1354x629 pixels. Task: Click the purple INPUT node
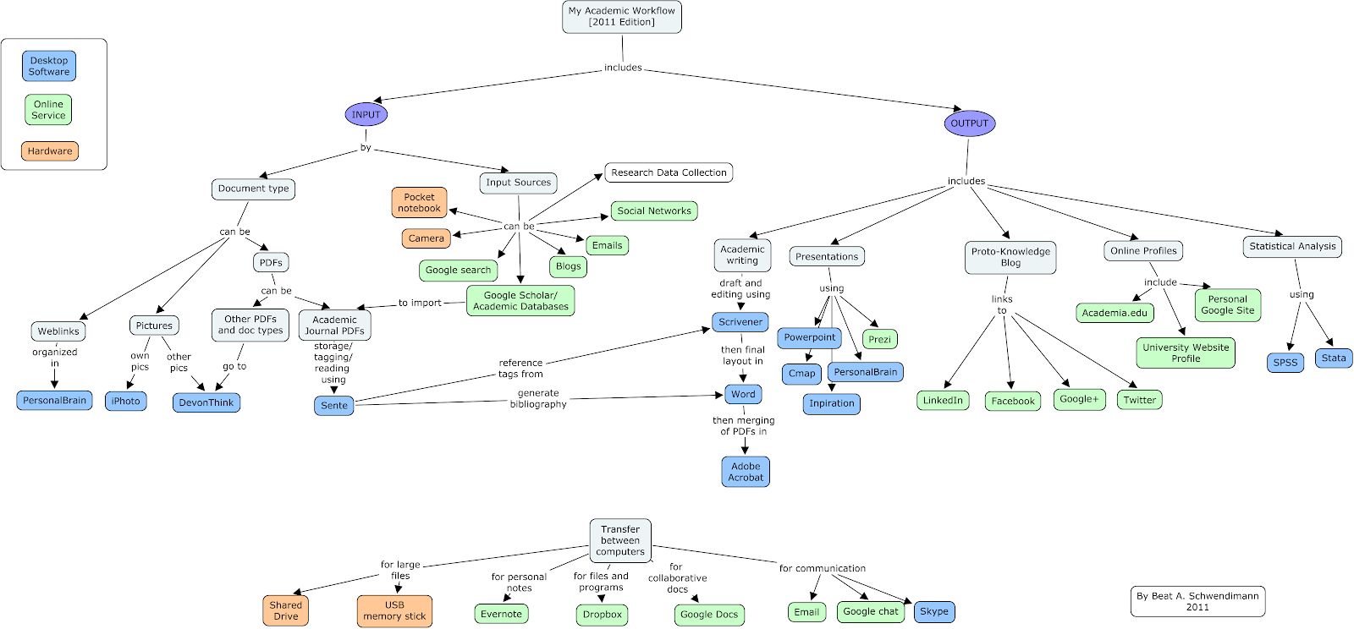pos(366,114)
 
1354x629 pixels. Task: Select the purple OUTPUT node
pos(969,123)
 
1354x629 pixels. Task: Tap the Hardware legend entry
pos(50,151)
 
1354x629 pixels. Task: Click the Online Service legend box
pos(48,110)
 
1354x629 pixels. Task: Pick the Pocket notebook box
pos(419,203)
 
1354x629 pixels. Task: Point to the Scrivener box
pos(740,322)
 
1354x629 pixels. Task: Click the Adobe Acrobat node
pos(746,472)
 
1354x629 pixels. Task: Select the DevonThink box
pos(206,402)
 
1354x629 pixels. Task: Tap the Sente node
pos(334,406)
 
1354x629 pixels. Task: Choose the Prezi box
pos(880,339)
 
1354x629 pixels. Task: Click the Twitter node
pos(1139,400)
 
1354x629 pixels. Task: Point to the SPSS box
pos(1285,362)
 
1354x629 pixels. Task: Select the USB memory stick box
pos(394,610)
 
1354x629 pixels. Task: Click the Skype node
pos(934,611)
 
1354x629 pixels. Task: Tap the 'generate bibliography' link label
pos(538,398)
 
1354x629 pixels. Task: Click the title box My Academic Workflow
pos(622,16)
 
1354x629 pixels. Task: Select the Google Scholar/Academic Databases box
pos(520,301)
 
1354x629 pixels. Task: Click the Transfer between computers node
pos(620,540)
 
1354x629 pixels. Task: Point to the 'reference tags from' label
pos(520,368)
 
